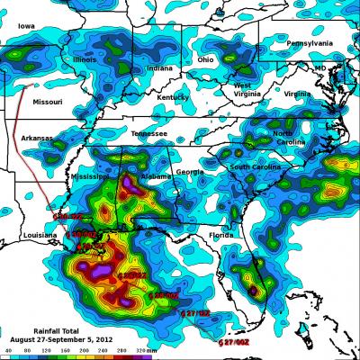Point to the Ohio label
point(206,60)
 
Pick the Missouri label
point(48,103)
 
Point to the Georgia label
point(189,172)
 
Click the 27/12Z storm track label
point(197,312)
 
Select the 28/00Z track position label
point(166,294)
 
